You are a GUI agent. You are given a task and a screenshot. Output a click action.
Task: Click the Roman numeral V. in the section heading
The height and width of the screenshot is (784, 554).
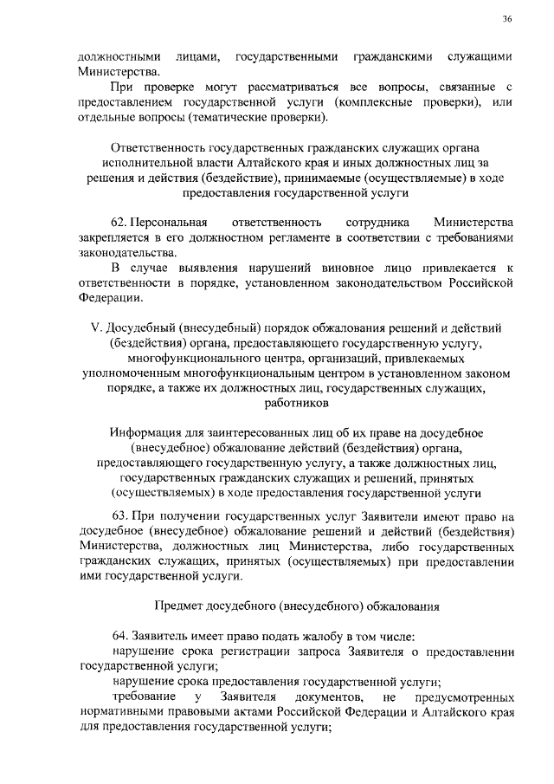point(108,329)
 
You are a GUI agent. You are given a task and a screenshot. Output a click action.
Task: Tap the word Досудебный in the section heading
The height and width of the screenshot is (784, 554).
point(158,329)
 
